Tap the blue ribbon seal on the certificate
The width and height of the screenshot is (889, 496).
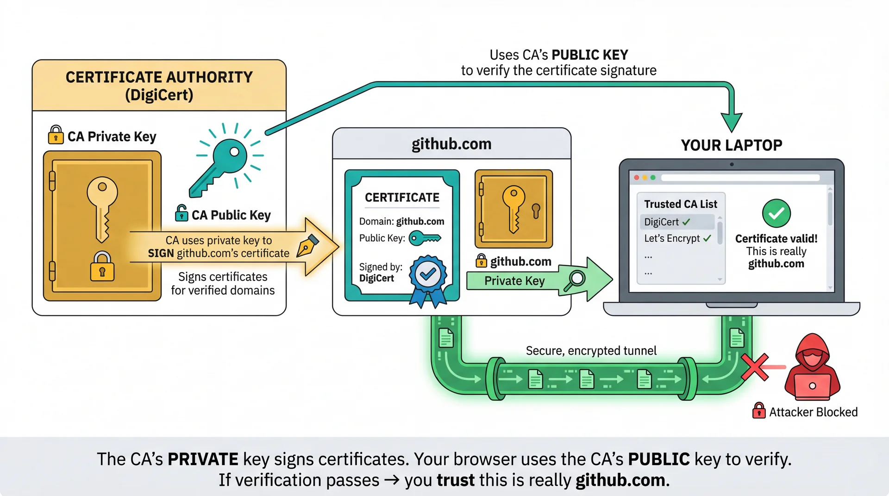coord(428,275)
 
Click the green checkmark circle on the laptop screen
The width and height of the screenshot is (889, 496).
coord(776,213)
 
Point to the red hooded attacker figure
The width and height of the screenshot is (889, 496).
coord(813,368)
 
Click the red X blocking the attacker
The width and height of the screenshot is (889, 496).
coord(754,367)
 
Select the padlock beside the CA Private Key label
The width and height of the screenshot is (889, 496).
coord(56,135)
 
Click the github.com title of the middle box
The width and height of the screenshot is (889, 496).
coord(451,144)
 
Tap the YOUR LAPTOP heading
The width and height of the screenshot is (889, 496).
coord(731,145)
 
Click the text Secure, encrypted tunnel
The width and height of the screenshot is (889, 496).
coord(591,351)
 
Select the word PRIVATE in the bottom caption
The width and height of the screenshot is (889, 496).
coord(203,459)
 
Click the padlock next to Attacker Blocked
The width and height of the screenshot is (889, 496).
coord(758,411)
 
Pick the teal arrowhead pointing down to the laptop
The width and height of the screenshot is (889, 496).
coord(732,123)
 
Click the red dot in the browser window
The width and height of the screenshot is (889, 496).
coord(637,178)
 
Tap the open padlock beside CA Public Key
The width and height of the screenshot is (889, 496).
coord(181,213)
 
